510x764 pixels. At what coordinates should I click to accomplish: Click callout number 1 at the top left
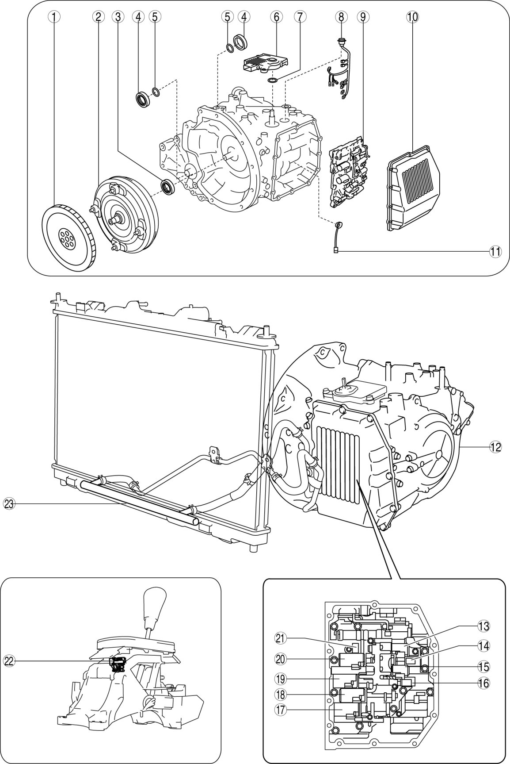[x=53, y=16]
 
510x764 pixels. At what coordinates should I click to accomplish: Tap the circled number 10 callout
[x=412, y=16]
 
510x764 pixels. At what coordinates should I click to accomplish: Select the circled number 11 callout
[x=495, y=251]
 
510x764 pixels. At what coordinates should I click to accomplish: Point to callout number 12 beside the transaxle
[x=495, y=447]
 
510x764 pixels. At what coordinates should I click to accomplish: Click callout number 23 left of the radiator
[x=9, y=503]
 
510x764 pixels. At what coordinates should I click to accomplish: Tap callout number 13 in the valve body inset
[x=483, y=626]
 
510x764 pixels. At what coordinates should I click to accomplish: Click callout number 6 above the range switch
[x=276, y=16]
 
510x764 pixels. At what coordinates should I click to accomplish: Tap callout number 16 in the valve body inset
[x=483, y=683]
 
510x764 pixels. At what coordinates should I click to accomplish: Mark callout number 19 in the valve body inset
[x=280, y=677]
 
